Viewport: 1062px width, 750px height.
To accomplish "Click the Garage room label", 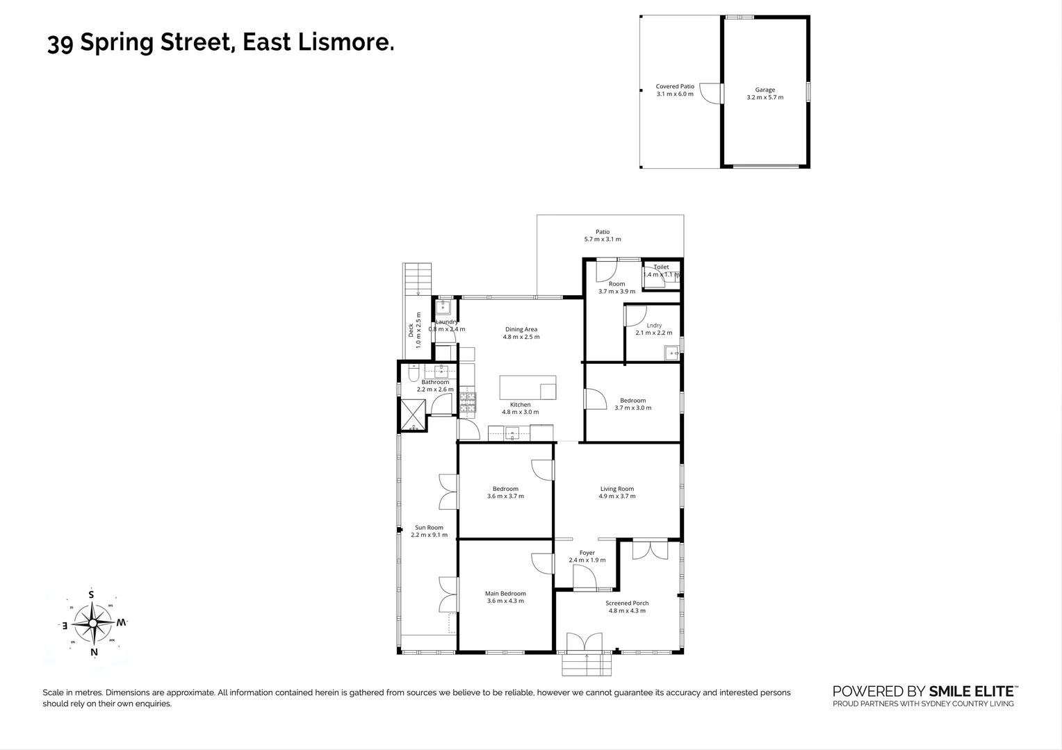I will (x=765, y=90).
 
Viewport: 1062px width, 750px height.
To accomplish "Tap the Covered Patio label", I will (x=675, y=87).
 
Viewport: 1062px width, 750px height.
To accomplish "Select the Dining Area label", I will (x=521, y=330).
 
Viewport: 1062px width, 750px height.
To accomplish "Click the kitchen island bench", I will (x=528, y=387).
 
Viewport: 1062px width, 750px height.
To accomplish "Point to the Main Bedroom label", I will (x=505, y=594).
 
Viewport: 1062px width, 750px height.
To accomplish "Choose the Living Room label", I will (x=617, y=489).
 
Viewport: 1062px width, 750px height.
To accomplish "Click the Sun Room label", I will (x=429, y=528).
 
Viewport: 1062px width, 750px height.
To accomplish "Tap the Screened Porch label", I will (x=627, y=603).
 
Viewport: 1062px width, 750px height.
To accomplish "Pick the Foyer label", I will (x=587, y=553).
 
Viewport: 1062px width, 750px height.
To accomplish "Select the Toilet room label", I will (x=661, y=267).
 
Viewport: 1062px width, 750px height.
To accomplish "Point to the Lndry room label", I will (x=654, y=325).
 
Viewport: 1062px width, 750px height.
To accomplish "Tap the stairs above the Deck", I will (x=418, y=279).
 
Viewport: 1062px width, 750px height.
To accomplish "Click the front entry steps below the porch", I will (x=587, y=666).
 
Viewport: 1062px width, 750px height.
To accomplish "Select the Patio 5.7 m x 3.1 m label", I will (x=603, y=235).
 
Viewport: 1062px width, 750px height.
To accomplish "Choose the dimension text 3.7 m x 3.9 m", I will (x=616, y=292).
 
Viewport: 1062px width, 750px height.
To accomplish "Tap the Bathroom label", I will (x=435, y=382).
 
